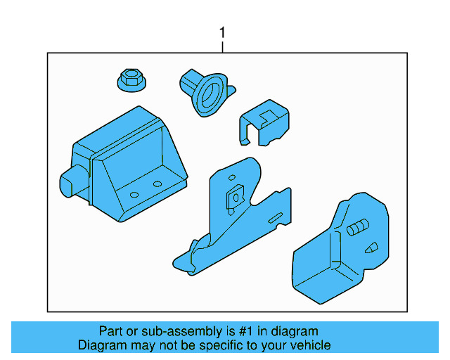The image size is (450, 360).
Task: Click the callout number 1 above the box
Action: coord(223,32)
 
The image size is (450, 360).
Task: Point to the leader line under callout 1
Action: coord(223,46)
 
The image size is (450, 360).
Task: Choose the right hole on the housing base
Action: coord(157,184)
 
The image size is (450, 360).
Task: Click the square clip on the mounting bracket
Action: coord(231,200)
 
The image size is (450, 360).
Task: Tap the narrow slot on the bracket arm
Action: coord(276,217)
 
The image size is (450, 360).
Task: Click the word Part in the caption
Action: coord(112,331)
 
